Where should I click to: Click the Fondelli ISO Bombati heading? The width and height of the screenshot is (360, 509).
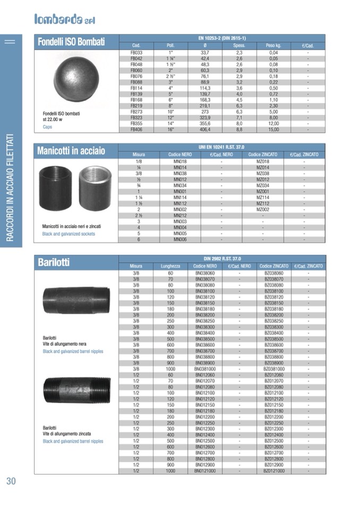coord(71,42)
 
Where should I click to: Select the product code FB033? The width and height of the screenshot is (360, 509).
coord(136,53)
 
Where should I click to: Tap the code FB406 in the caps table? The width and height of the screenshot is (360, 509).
coord(136,129)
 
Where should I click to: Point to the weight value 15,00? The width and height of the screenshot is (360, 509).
coord(273,129)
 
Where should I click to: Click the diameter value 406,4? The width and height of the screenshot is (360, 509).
coord(205,129)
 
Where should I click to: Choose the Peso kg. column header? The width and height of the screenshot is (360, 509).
coord(273,46)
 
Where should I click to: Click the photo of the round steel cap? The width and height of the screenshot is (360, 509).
coord(76,79)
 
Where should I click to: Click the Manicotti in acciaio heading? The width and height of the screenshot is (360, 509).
coord(71,151)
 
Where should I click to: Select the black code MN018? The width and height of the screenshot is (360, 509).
coord(180,161)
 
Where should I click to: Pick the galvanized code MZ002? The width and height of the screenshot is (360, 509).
coord(263,209)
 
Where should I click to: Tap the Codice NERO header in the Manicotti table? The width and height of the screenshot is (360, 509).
coord(180,154)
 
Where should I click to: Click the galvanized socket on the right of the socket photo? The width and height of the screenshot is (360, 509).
coord(95,188)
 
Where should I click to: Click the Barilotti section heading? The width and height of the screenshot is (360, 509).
coord(54,262)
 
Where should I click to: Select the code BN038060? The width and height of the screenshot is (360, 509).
coord(205,273)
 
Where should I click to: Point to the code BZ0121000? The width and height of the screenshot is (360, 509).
coord(274,471)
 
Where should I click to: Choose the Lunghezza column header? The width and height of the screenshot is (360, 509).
coord(170,266)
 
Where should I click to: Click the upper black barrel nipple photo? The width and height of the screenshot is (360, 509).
coord(76,300)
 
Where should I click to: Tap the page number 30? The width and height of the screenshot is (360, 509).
coord(11,481)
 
